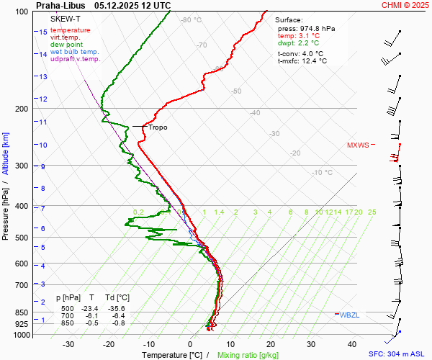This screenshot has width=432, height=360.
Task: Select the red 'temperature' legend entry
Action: click(x=71, y=30)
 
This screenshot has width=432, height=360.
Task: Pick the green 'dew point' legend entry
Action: click(x=66, y=45)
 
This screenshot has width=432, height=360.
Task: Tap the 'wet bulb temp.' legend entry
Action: click(x=75, y=52)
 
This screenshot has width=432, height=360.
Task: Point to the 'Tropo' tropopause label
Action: click(x=158, y=127)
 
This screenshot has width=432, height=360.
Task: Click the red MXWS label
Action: click(x=358, y=145)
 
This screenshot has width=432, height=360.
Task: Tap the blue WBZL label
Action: click(x=350, y=315)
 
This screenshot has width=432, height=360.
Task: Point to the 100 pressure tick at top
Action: click(x=22, y=12)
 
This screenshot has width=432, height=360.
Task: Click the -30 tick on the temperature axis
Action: click(x=69, y=344)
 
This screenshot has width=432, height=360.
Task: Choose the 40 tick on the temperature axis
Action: click(x=352, y=344)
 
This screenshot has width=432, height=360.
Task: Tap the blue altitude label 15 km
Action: click(x=43, y=32)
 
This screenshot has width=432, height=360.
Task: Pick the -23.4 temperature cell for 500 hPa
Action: click(x=91, y=308)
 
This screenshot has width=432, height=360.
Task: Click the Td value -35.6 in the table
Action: click(x=117, y=308)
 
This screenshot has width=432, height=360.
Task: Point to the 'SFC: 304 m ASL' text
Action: click(x=396, y=354)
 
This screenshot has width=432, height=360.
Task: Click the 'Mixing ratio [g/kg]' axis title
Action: click(x=248, y=355)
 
